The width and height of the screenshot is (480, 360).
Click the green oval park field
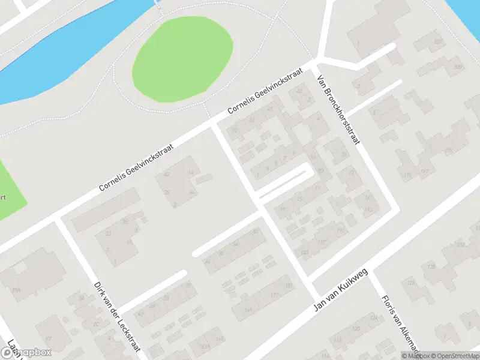tap(182, 59)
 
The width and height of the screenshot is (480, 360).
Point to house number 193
tap(368, 210)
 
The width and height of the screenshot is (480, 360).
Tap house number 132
tap(461, 244)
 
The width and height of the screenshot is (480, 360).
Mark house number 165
tap(220, 340)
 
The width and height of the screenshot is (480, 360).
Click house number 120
tap(355, 328)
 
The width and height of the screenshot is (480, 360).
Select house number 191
tap(340, 230)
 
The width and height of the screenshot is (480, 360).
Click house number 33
tap(109, 233)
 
